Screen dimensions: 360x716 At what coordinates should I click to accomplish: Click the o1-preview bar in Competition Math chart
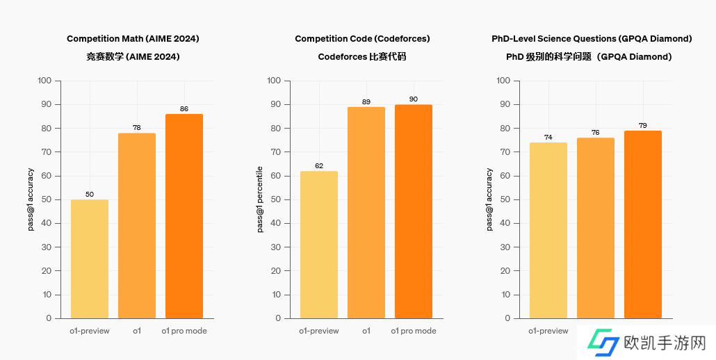[x=90, y=259]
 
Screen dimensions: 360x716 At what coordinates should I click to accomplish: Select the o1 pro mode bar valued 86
[x=184, y=215]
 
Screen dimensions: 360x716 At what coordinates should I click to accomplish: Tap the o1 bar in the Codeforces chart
[x=366, y=212]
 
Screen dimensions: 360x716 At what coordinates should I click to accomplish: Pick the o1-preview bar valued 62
[x=319, y=245]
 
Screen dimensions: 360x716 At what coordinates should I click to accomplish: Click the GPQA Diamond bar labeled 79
[x=643, y=224]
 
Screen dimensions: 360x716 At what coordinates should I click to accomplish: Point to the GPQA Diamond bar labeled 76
[x=596, y=227]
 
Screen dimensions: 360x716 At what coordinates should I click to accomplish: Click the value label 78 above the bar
[x=137, y=128]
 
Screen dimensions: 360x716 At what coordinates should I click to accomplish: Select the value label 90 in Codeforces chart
[x=414, y=99]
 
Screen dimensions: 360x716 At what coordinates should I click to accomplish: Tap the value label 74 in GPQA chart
[x=548, y=138]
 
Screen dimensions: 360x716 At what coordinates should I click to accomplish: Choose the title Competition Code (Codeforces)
[x=362, y=39]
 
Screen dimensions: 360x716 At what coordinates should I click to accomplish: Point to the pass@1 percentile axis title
[x=260, y=199]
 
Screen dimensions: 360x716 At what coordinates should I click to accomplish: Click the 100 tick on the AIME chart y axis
[x=44, y=81]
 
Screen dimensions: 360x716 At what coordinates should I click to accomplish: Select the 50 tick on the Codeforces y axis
[x=274, y=199]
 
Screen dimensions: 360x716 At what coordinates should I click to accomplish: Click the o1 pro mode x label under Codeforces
[x=414, y=331]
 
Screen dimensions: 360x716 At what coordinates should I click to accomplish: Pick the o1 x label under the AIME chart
[x=137, y=331]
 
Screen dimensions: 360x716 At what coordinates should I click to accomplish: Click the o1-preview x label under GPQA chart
[x=548, y=331]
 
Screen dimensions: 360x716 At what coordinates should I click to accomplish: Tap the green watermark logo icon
[x=602, y=343]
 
